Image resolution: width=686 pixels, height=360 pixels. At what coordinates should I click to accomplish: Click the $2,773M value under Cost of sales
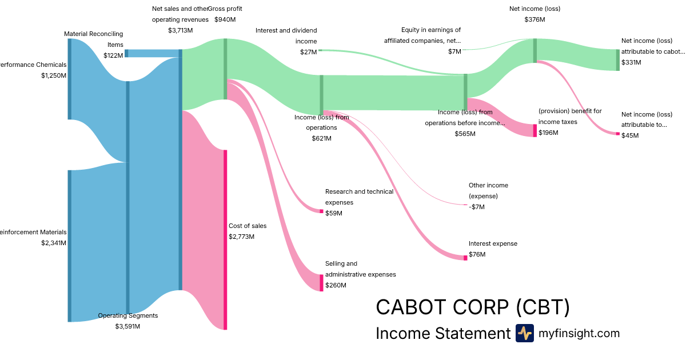241,237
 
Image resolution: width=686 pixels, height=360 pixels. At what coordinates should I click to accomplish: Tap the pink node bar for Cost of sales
225,239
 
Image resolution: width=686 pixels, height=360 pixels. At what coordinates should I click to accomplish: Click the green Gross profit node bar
225,69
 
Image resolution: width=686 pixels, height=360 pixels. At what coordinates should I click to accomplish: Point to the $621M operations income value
321,138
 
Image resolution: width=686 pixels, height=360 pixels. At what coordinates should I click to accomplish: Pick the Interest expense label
493,243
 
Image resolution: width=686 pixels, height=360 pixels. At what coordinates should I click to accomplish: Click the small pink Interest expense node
465,258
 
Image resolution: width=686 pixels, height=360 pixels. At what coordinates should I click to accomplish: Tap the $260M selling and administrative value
334,285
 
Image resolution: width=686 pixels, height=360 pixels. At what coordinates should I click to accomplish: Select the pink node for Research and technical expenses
321,211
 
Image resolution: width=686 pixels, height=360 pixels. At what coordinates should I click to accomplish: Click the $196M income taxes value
548,133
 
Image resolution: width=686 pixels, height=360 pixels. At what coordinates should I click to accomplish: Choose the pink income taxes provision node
535,130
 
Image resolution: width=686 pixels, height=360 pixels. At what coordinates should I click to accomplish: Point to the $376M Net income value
535,19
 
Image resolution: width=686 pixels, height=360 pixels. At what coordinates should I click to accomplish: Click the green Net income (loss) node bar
535,50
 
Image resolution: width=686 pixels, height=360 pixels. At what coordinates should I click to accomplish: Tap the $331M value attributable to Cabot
631,62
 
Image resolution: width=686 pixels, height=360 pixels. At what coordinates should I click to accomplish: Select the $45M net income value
630,135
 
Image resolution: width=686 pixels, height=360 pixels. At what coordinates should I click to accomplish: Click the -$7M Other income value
477,207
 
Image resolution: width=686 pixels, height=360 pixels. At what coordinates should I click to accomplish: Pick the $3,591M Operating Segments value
127,326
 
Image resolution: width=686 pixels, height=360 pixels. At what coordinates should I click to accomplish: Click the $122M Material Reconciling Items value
113,55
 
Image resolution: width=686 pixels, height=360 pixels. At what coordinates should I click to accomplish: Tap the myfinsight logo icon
524,333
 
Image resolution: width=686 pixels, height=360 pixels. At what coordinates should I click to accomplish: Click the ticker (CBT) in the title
543,307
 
